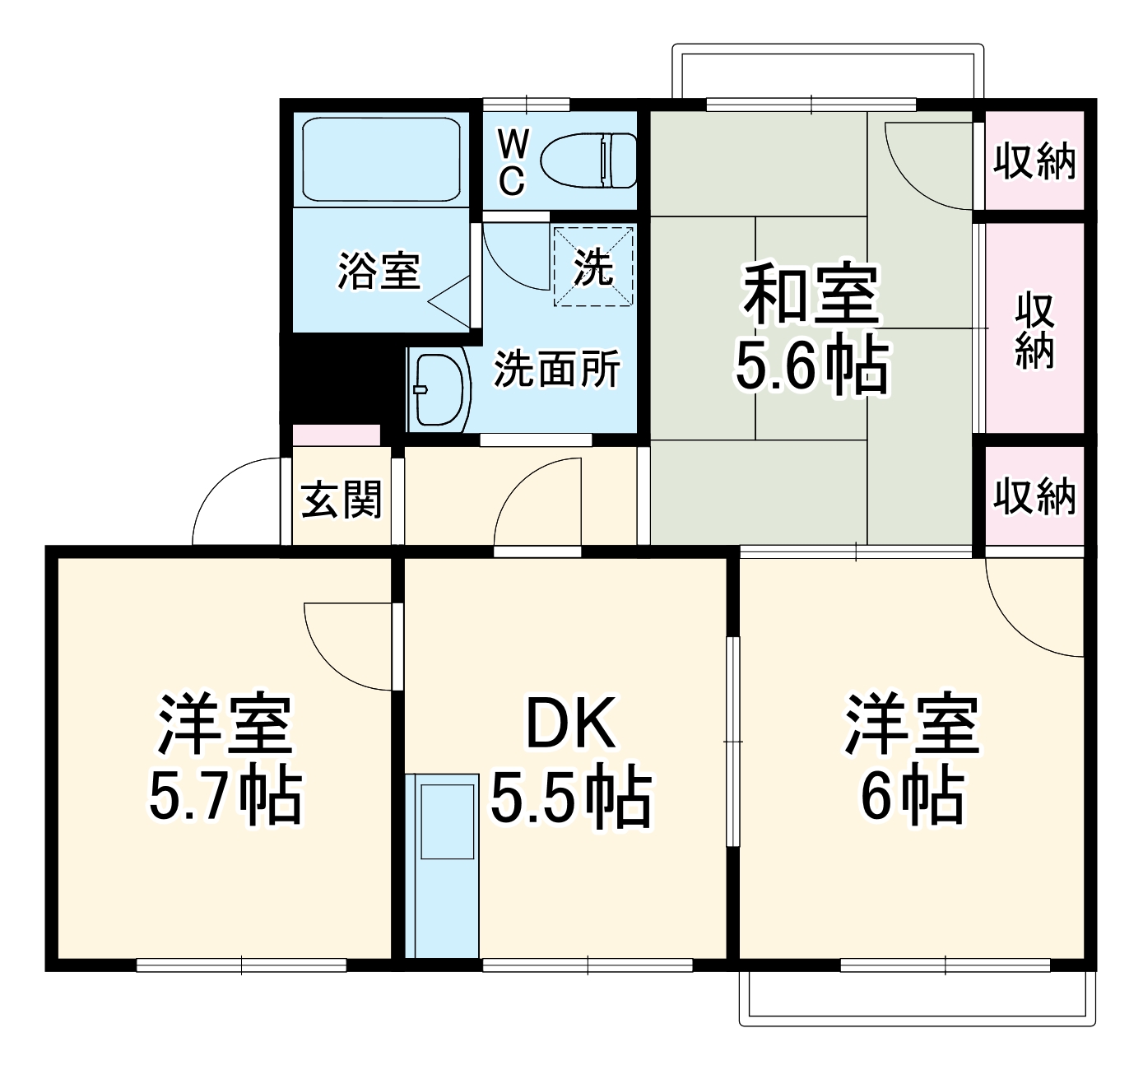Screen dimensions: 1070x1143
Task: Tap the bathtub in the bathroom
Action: (x=380, y=160)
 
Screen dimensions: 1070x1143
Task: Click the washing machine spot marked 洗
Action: (x=593, y=266)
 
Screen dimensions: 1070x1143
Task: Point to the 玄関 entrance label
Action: (x=342, y=499)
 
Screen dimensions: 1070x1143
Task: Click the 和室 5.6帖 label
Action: (x=811, y=329)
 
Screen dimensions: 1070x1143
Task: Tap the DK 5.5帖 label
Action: (x=571, y=761)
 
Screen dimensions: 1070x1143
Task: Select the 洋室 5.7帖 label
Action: (x=225, y=761)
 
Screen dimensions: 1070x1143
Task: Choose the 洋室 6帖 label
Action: (x=912, y=761)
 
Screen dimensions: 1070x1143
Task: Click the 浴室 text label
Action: (x=379, y=271)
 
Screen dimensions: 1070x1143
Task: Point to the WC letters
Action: (x=512, y=164)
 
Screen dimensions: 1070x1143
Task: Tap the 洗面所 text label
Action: (x=557, y=370)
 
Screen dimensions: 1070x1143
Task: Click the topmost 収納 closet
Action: (x=1034, y=160)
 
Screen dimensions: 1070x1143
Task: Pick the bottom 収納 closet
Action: (x=1034, y=495)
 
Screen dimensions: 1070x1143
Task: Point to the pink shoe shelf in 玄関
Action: (x=337, y=435)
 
